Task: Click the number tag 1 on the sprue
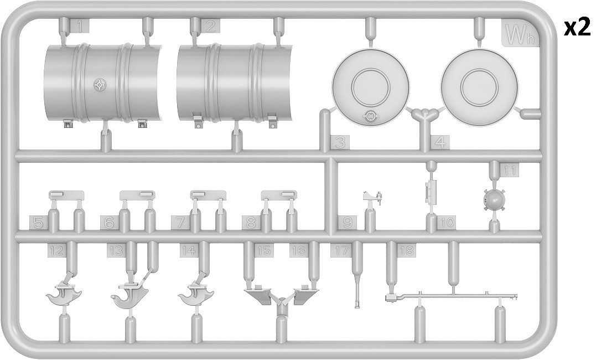point(80,26)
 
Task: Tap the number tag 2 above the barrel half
point(210,26)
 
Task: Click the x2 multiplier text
point(577,28)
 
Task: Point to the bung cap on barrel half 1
point(100,85)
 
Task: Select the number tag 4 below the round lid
point(440,142)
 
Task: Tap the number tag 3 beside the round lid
point(340,142)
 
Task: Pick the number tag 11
point(509,169)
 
